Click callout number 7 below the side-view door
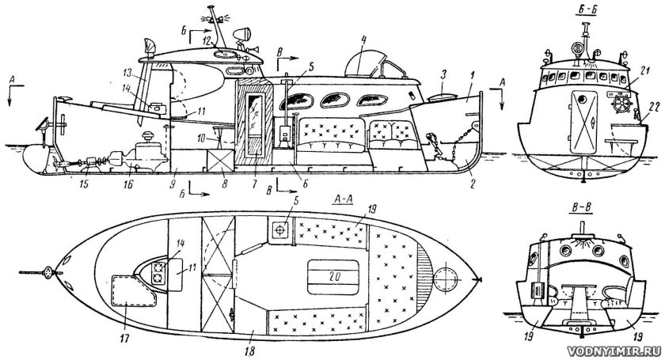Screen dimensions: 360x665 point(256,183)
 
